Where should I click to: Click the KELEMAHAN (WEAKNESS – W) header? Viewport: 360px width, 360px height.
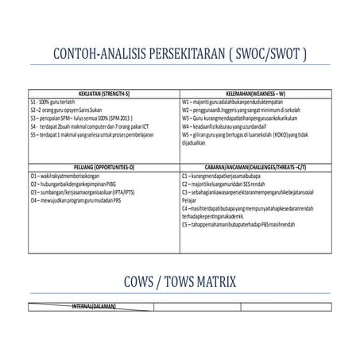[254, 95]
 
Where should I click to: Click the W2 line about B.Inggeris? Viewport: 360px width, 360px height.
[238, 110]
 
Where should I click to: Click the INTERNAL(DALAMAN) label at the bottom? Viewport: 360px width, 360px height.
[94, 305]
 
